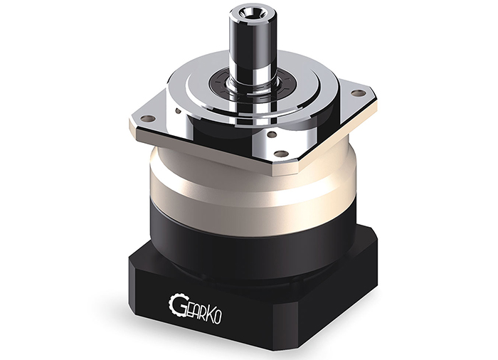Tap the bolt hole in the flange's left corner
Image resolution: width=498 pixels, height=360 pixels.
[x=148, y=119]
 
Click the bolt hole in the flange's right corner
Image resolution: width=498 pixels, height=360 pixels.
[x=357, y=93]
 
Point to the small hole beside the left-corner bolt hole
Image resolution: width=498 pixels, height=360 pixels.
[x=178, y=110]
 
